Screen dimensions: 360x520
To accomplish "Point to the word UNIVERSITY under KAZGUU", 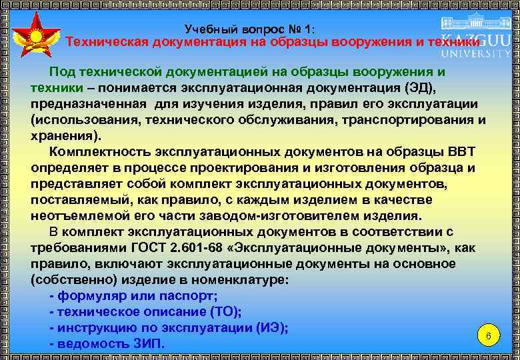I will click(476, 53).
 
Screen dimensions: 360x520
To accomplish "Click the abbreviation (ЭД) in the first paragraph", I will click(421, 88).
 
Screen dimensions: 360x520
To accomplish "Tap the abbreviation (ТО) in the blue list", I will click(225, 312).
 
